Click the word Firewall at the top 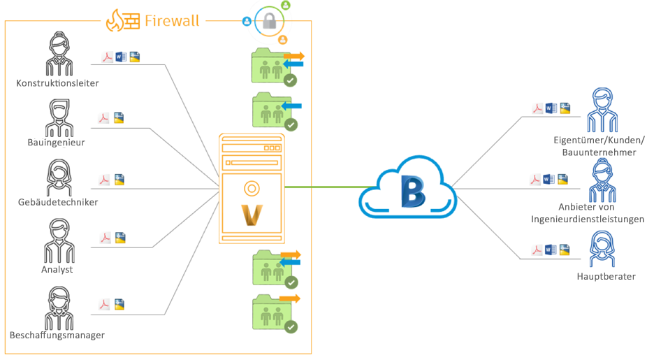[172, 21]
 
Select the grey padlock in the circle [269, 22]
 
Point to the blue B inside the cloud [412, 190]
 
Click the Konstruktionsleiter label [57, 83]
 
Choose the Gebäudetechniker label [58, 202]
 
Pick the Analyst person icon [57, 240]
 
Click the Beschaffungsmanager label [57, 335]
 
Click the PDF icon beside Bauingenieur [105, 118]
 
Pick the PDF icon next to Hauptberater [537, 250]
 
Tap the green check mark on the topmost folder [291, 80]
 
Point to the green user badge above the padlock [285, 5]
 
